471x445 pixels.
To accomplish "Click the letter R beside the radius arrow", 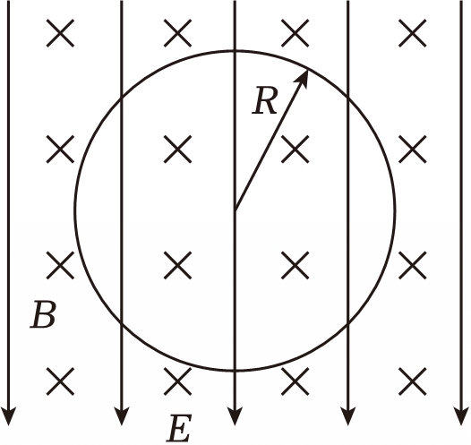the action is coord(264,100).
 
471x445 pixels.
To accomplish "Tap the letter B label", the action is coord(43,314).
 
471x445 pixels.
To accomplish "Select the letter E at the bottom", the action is coord(179,429).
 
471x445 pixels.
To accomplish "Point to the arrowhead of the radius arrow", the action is coord(302,79).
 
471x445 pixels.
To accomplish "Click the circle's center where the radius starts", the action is coord(235,210).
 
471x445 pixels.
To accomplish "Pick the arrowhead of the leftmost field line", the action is coord(8,415).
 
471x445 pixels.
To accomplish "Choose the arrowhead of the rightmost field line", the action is coord(461,415).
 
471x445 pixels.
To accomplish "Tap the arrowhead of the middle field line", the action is coord(235,415).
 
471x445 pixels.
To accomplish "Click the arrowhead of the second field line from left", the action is coord(122,415).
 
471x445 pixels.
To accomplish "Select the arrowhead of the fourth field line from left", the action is coord(347,415).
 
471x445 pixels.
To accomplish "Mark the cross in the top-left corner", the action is coord(60,33).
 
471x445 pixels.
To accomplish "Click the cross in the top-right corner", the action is coord(413,33).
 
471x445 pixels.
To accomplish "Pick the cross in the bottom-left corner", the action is coord(60,381).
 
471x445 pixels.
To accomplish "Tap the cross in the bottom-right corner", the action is coord(413,381).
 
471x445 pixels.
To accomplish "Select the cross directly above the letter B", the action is coord(60,265).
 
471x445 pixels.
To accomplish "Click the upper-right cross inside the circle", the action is coord(295,149).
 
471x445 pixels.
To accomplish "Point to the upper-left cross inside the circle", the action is coord(178,149).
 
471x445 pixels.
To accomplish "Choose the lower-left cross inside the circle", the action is coord(178,265).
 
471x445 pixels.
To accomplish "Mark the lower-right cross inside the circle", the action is coord(295,265).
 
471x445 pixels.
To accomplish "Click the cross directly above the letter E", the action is coord(178,381).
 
